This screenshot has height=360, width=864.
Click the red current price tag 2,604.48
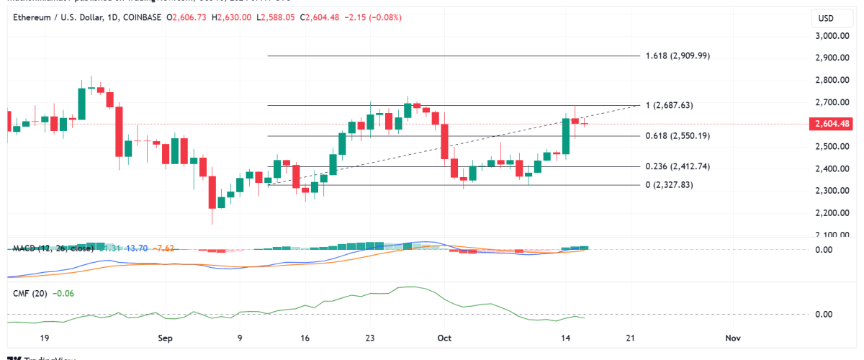pos(831,124)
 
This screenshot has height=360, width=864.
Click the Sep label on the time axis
pos(165,338)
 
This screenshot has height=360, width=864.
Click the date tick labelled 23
pos(370,338)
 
